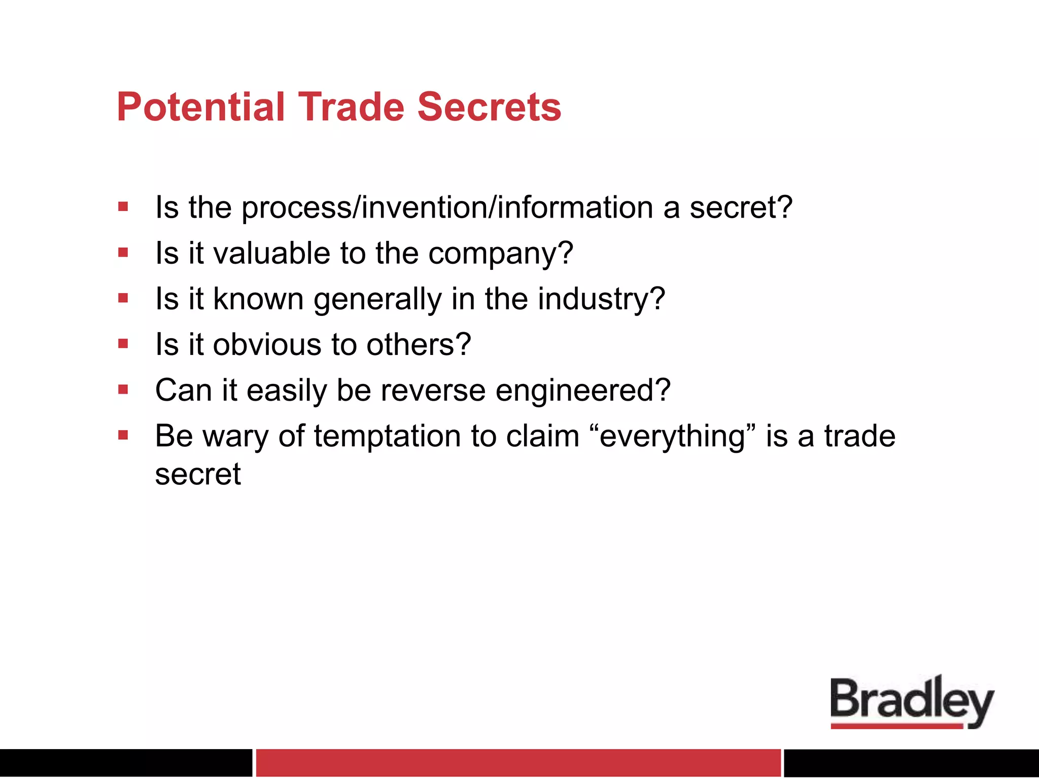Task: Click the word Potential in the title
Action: pyautogui.click(x=200, y=107)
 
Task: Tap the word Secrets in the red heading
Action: pyautogui.click(x=489, y=107)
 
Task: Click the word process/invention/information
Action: pyautogui.click(x=447, y=208)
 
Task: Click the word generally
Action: pyautogui.click(x=377, y=299)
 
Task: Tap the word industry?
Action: pyautogui.click(x=601, y=299)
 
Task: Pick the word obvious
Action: pyautogui.click(x=267, y=345)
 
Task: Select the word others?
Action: pyautogui.click(x=419, y=345)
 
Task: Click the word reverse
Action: pyautogui.click(x=433, y=391)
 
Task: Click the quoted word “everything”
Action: pyautogui.click(x=673, y=437)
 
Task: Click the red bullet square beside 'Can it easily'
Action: pyautogui.click(x=123, y=389)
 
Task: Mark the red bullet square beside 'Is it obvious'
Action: pyautogui.click(x=123, y=344)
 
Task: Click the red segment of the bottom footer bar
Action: pyautogui.click(x=518, y=763)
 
